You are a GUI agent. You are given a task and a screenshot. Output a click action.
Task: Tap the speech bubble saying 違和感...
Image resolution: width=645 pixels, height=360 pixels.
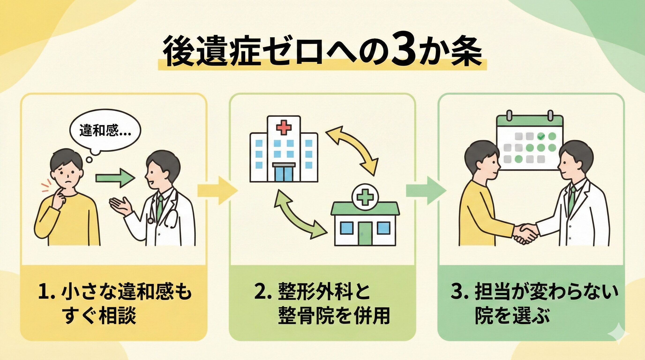tap(105, 131)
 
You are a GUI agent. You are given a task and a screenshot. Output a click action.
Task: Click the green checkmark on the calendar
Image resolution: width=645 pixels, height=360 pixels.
tap(541, 137)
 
